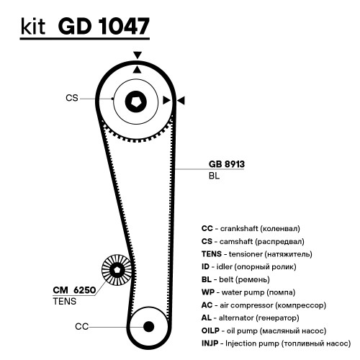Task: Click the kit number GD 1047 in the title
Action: [104, 26]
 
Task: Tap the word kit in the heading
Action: [33, 27]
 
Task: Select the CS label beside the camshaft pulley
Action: [72, 98]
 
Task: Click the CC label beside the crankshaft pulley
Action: [81, 327]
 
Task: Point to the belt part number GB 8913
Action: [227, 164]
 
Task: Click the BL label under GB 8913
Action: [214, 176]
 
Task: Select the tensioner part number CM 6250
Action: [74, 290]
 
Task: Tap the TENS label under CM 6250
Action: [65, 302]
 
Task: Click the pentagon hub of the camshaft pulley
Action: [136, 102]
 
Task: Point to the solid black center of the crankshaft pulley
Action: [148, 327]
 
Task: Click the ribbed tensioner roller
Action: [117, 270]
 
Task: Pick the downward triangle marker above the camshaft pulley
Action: [138, 55]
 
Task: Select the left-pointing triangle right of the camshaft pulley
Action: [181, 100]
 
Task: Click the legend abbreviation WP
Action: [208, 292]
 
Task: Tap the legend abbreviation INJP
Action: [210, 343]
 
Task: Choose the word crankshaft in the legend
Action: [239, 228]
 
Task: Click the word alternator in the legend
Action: [236, 318]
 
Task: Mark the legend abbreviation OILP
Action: [210, 330]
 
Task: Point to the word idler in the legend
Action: [225, 267]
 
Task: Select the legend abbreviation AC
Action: [207, 305]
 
